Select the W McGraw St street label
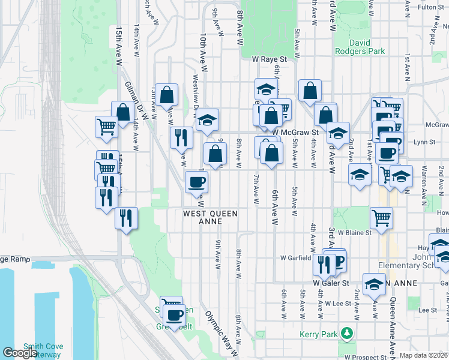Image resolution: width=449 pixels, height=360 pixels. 294,132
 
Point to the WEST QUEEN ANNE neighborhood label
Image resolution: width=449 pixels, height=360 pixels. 210,217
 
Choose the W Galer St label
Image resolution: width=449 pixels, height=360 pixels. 331,283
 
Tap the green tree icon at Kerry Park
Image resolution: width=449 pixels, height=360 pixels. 346,349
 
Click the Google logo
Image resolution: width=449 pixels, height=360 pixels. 20,353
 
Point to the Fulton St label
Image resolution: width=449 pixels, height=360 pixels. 430,7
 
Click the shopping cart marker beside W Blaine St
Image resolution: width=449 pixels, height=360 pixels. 381,218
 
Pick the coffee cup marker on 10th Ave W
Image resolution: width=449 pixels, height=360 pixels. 196,181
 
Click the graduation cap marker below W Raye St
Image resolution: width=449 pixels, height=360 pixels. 265,89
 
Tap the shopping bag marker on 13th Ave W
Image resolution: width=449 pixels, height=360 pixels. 167,94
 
